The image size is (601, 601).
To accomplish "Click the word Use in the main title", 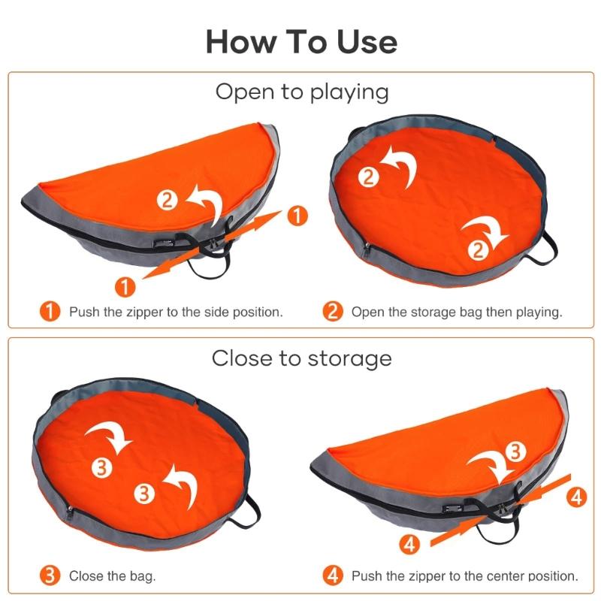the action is coord(367,42).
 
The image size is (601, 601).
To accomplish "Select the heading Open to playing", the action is coord(302,92).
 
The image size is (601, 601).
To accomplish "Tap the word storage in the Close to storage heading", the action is coord(349,359).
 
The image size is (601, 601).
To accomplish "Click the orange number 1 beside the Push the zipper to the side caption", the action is coord(50,311).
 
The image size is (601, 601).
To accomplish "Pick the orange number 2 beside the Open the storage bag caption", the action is coord(332,311).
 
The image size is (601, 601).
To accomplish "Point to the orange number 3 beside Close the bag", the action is coord(50,575).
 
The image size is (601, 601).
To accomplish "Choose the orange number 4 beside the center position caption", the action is coord(332,575).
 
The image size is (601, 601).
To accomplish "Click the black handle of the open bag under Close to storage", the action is coord(246,512).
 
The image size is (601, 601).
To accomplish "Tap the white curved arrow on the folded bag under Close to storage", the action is coord(490,464).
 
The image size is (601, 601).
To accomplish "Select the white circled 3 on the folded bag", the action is coord(515,452).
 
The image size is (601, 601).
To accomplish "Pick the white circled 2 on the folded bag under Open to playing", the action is coord(167,201).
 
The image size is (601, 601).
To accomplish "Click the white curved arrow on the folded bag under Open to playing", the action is coord(209,201).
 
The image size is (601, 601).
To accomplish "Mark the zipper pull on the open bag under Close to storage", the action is coord(69,512).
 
